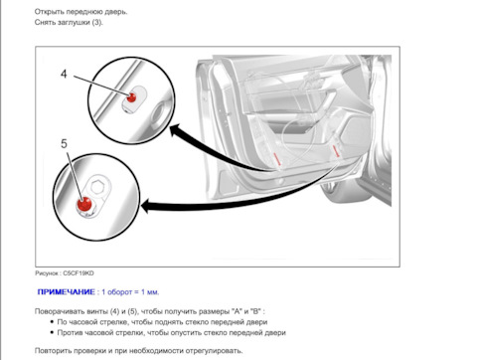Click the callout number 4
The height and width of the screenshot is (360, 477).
[x=64, y=74]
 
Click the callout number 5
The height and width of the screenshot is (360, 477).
[x=64, y=144]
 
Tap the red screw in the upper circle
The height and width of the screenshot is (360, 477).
[x=131, y=97]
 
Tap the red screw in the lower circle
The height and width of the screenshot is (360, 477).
[x=84, y=204]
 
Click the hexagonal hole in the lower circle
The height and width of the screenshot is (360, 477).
[x=97, y=187]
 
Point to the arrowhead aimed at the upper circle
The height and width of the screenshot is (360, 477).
[x=175, y=130]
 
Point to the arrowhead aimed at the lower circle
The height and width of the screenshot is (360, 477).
[x=148, y=206]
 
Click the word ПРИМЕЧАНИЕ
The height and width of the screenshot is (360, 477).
[x=67, y=292]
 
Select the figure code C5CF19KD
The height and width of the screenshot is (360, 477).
[x=79, y=273]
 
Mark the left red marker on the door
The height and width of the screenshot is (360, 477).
[x=277, y=159]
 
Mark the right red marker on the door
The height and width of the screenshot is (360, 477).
[x=335, y=150]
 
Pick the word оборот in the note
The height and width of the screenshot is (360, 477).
[x=119, y=292]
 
